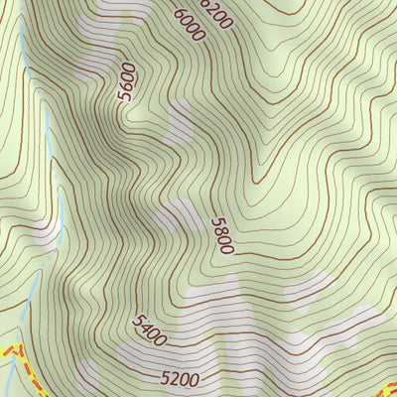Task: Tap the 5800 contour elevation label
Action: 222,235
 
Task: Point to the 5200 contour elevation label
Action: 180,378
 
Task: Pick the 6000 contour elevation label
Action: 188,24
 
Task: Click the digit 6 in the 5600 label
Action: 126,85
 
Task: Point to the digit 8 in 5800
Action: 220,231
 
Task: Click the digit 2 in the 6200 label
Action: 211,7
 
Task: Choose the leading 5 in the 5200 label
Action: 165,377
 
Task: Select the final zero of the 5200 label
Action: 195,379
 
